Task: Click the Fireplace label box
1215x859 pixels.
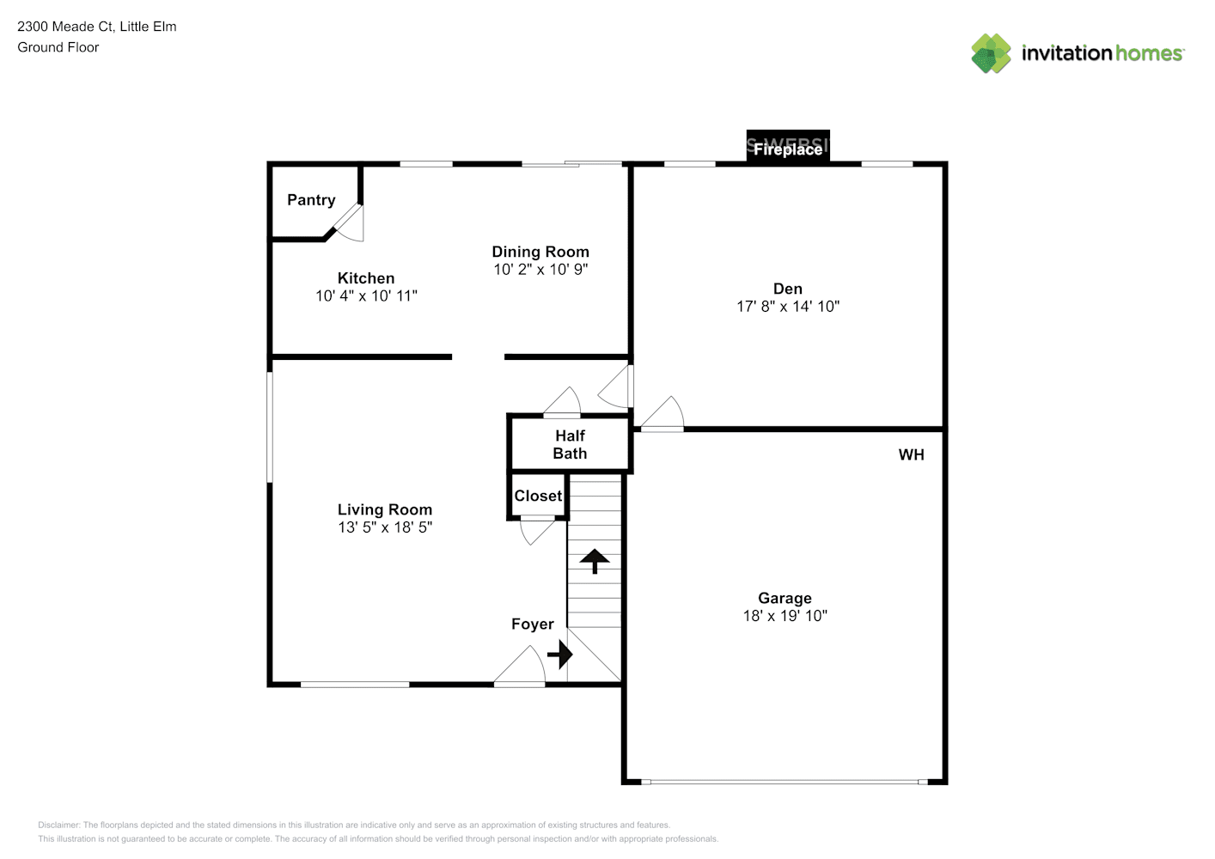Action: pos(788,148)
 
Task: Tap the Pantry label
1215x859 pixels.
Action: pos(311,200)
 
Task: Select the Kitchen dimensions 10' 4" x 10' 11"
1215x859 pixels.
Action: pos(366,296)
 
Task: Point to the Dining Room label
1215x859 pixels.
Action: pos(540,252)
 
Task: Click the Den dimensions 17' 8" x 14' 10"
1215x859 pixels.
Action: pos(788,307)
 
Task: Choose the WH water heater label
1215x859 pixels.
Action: pos(911,455)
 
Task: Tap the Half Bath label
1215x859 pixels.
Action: pos(570,445)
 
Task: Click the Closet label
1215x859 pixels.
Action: pos(538,497)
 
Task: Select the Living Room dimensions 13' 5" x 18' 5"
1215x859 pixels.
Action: pos(384,527)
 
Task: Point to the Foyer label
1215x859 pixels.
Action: pos(533,624)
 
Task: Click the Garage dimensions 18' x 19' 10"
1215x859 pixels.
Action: pos(785,616)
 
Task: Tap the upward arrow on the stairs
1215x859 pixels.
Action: pos(595,561)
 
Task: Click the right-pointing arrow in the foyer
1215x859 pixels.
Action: pos(560,655)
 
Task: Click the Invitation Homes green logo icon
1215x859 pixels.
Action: pos(991,53)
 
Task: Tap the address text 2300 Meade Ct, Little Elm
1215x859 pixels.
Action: pos(97,27)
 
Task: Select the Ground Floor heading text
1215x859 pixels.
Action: pos(58,47)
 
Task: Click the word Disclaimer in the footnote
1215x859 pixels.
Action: pos(58,825)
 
